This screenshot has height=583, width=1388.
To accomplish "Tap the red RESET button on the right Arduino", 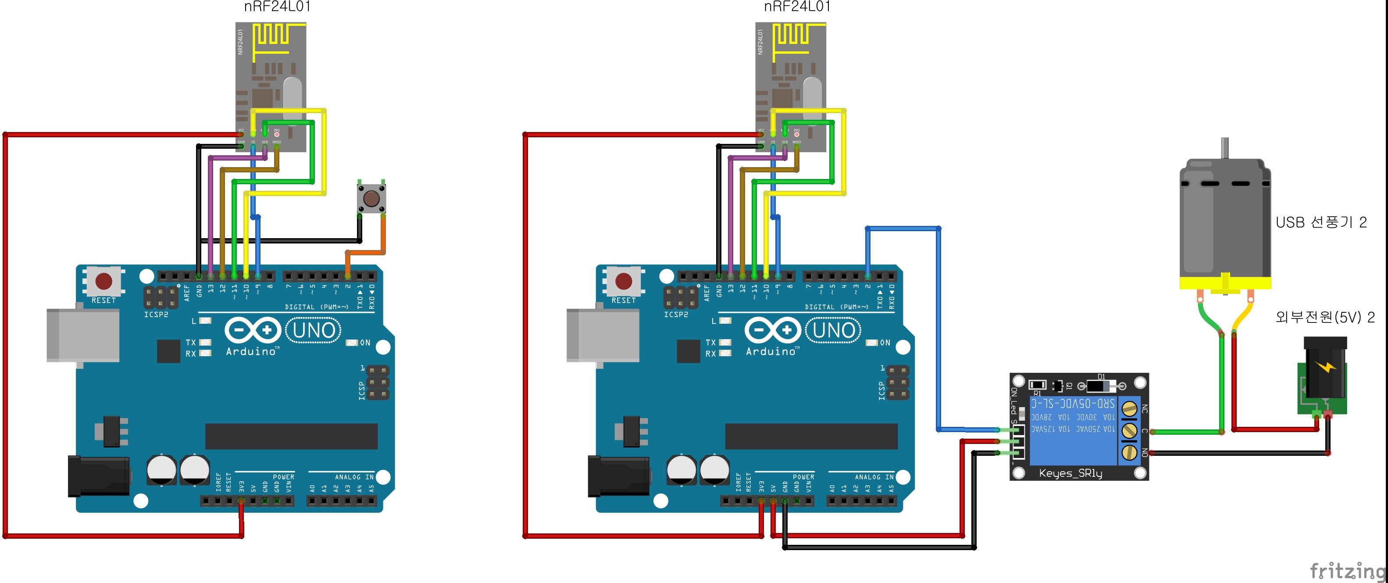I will coord(624,281).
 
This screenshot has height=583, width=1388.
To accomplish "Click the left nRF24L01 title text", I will coord(277,7).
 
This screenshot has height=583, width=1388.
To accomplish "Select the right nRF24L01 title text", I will coord(797,7).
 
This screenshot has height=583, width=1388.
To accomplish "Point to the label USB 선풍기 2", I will coord(1320,222).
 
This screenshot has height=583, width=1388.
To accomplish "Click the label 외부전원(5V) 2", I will coord(1324,317).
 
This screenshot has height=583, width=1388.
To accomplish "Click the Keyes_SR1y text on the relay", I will coord(1070,473).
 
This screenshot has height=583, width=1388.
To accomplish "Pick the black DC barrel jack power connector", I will coord(1324,372).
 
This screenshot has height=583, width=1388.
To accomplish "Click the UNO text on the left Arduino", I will coord(314,330).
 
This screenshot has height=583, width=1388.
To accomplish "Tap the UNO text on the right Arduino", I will coord(834,330).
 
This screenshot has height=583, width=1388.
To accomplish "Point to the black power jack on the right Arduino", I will coord(618,475).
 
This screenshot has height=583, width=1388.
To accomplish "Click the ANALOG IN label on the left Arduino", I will coord(354,477).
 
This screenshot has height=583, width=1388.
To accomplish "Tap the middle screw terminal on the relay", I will coord(1129,430).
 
